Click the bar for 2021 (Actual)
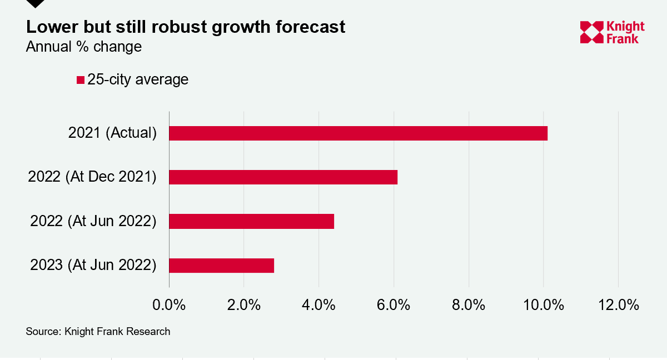[x=358, y=133]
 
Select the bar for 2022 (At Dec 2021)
[x=283, y=177]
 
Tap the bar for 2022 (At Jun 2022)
[x=252, y=221]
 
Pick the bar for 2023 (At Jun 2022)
[x=222, y=266]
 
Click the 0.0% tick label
[x=169, y=305]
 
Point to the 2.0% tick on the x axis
[x=244, y=305]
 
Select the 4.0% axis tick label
[x=318, y=305]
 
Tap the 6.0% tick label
[x=394, y=305]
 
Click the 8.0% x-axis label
[x=469, y=305]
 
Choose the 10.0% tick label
[x=544, y=305]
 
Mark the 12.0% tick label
[x=619, y=305]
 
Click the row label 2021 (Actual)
[x=112, y=133]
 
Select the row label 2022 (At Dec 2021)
[x=92, y=177]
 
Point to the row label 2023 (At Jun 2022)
[x=93, y=265]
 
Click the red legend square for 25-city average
[x=81, y=80]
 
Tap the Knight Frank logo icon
[x=591, y=32]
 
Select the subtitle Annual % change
[x=84, y=47]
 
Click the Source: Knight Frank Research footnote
[x=98, y=332]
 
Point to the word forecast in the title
[x=310, y=27]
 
